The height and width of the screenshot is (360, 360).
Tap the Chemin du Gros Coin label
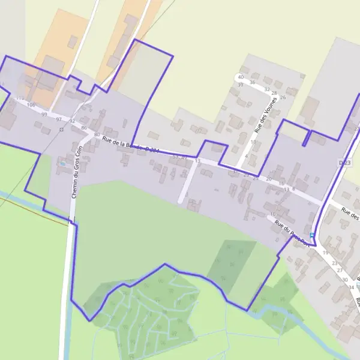(x=75, y=171)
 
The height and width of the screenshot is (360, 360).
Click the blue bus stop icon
(x=312, y=235)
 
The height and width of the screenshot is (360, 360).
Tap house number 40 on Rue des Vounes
(x=241, y=77)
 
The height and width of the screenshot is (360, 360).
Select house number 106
(x=31, y=104)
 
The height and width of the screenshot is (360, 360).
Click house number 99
(x=44, y=114)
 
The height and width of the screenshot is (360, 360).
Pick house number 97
(x=59, y=119)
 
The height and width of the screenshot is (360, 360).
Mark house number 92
(x=72, y=121)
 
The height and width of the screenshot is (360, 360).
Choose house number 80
(x=97, y=134)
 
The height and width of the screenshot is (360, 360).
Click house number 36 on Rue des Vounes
(x=252, y=82)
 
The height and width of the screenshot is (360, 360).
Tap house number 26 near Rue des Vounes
(x=283, y=97)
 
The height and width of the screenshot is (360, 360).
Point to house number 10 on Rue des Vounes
(x=253, y=142)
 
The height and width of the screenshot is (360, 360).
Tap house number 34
(x=351, y=287)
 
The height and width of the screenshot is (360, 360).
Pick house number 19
(x=326, y=253)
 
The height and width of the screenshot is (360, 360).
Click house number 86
(x=83, y=128)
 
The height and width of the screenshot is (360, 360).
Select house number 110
(x=20, y=98)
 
